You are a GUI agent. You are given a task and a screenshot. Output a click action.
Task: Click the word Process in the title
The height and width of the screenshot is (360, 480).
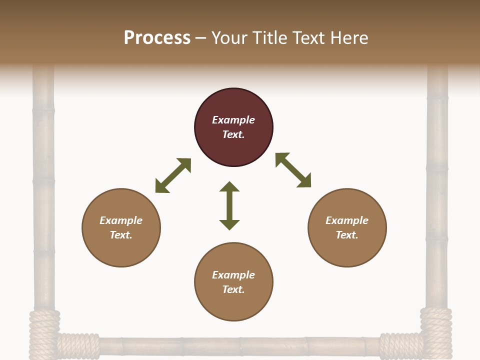157,37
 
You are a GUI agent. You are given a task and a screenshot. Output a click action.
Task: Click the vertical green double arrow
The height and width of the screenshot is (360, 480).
229,205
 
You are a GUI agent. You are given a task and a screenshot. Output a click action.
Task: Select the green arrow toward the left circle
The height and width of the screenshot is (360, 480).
173,175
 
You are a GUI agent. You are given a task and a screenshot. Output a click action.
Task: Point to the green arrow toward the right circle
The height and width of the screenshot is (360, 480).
293,170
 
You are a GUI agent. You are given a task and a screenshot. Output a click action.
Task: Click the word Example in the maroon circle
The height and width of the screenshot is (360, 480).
233,120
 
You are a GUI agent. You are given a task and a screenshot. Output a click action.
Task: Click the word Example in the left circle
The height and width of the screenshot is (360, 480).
121,220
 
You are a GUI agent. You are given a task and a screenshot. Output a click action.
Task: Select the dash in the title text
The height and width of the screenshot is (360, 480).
201,38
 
